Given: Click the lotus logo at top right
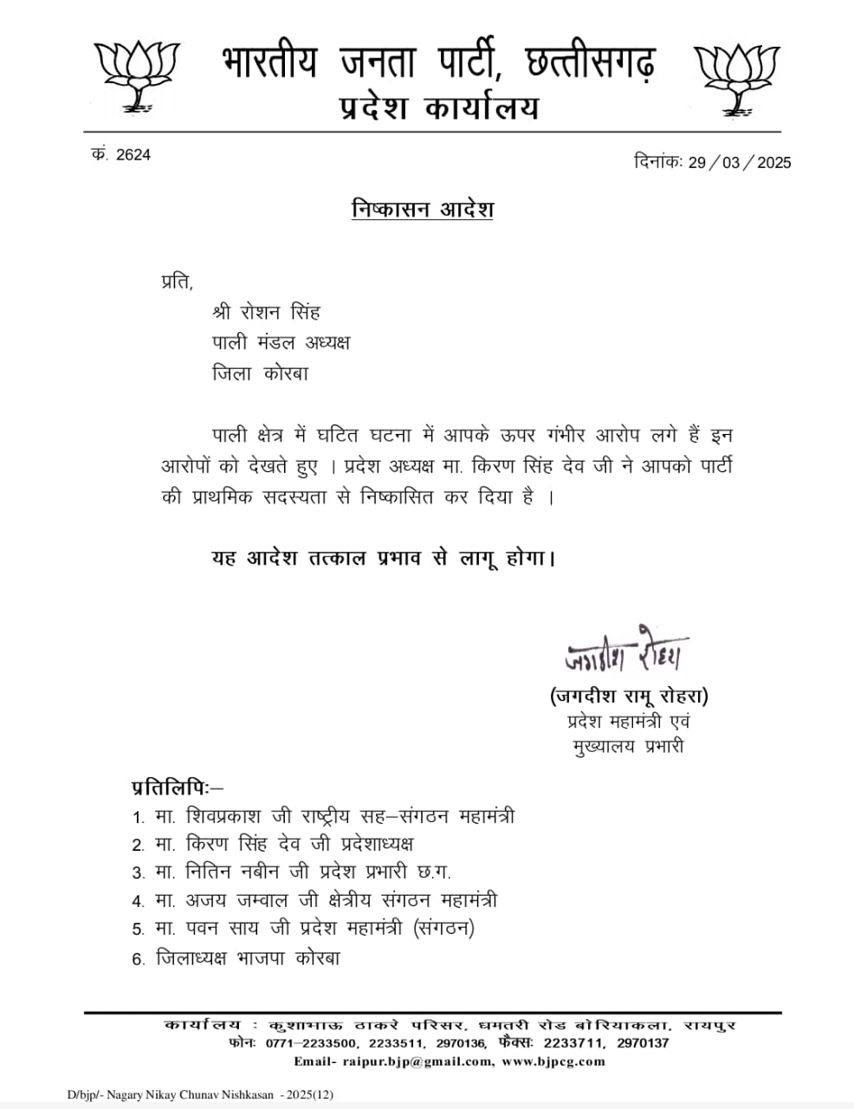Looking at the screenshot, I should point(737,78).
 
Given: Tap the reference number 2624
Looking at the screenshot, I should point(133,155).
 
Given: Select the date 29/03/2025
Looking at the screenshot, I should point(739,162).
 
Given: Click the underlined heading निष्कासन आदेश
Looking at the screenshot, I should point(423,210).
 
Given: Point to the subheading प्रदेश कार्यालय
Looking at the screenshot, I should point(438,108).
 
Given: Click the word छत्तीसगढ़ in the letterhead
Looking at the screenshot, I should point(579,62).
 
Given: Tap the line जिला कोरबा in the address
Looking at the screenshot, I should point(260,373).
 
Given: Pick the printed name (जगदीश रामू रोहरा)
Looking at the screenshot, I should point(629,697).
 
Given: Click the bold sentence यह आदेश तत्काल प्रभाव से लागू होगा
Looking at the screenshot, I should point(382,557).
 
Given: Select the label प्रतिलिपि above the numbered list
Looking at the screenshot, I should point(172,788).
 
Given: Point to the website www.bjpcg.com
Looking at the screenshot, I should point(553,1061).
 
